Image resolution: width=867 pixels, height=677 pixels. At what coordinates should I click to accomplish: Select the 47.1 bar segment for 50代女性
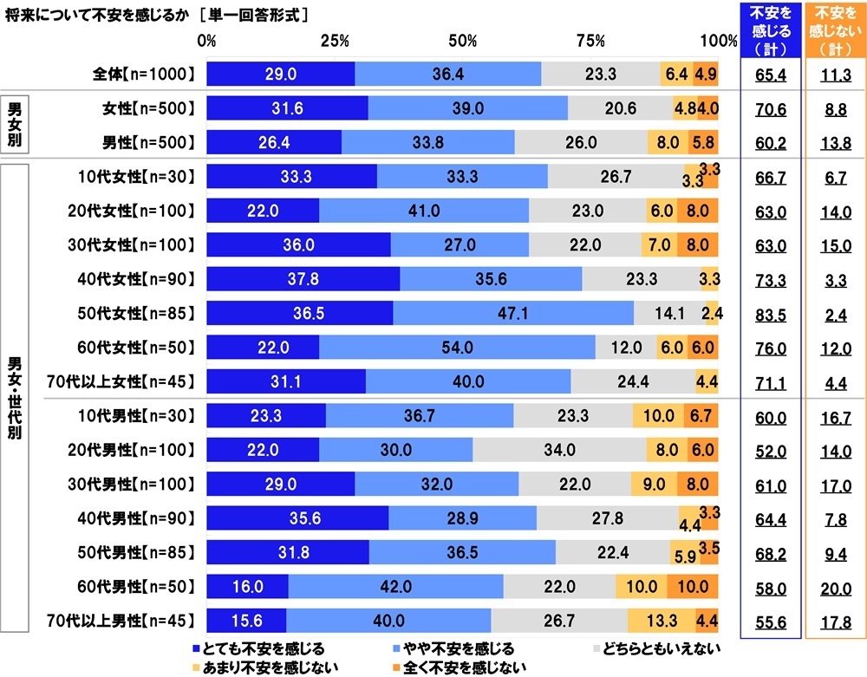[x=513, y=312]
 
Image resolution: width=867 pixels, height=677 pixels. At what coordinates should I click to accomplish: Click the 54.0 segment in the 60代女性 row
[x=457, y=347]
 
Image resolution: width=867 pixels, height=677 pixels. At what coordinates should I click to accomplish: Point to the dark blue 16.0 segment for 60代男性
[x=247, y=587]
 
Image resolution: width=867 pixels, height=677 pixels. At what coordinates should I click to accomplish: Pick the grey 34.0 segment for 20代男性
[x=559, y=451]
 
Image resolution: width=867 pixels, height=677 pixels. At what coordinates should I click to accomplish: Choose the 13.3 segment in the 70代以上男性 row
[x=661, y=620]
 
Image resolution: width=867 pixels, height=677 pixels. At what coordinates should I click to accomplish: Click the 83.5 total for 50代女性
[x=770, y=313]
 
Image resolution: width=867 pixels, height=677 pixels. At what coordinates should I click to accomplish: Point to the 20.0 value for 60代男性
[x=836, y=589]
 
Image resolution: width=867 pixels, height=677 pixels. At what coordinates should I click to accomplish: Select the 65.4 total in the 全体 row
[x=770, y=75]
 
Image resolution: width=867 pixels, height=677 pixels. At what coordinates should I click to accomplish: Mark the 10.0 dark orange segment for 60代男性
[x=693, y=587]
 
